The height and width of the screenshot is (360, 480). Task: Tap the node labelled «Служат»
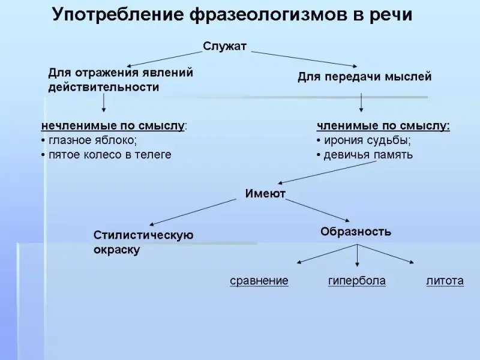coord(224,46)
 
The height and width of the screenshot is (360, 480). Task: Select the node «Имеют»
coord(265,193)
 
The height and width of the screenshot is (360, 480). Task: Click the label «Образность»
coord(356,231)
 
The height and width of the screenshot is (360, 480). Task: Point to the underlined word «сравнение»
coord(259,281)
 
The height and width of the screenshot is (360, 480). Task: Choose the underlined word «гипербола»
coord(356,281)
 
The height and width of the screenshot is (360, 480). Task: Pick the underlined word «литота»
coord(445,281)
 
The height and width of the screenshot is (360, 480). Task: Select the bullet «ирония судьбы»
coord(367,140)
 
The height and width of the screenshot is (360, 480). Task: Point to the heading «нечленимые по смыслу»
coord(112,126)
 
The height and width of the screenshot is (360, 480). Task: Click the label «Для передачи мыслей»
coord(364,77)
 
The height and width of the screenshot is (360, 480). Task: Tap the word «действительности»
coord(103,87)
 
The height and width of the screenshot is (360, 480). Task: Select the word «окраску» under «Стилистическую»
coord(116,250)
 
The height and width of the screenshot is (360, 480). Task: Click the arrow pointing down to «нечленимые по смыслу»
coord(104,104)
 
